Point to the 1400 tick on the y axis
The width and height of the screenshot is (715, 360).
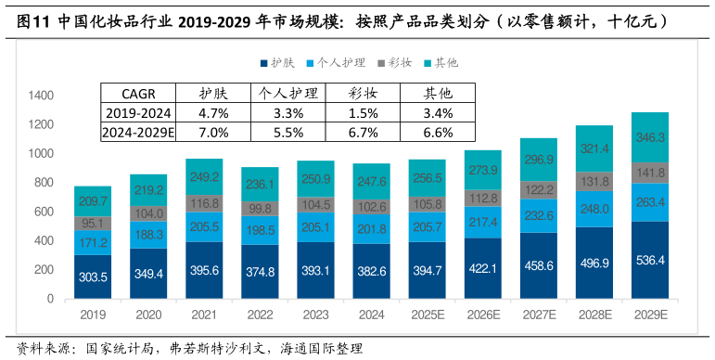click(42, 96)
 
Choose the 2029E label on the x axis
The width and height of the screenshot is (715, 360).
click(650, 315)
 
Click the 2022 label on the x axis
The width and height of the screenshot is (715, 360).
click(260, 315)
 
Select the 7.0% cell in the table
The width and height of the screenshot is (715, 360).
click(214, 132)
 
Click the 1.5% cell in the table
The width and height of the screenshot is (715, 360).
click(363, 113)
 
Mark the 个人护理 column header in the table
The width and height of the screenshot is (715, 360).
click(288, 93)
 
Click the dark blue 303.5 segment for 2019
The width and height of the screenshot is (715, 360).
click(93, 276)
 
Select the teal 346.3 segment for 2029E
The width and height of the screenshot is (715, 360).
click(650, 137)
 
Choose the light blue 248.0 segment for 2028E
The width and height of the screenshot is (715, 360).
click(594, 209)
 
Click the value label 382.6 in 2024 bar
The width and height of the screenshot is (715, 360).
click(371, 271)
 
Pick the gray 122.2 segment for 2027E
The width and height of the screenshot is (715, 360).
click(539, 190)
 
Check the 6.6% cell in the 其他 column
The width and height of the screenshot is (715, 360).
click(437, 132)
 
